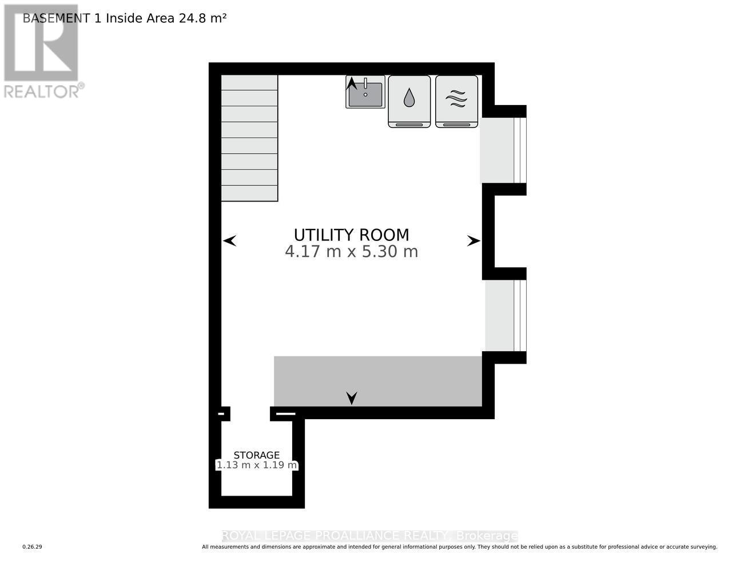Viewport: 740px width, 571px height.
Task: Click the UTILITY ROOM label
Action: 351,235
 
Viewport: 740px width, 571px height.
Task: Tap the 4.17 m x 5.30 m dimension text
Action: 351,252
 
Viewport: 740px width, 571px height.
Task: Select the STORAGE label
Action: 256,455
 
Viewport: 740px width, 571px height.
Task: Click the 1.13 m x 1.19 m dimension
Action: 256,465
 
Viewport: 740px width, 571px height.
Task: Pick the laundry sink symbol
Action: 366,93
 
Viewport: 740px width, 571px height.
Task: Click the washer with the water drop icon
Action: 409,101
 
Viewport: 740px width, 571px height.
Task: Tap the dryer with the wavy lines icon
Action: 456,101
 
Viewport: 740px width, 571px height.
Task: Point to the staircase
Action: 249,138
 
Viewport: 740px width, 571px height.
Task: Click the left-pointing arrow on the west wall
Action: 229,241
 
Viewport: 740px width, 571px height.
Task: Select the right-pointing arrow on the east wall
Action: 474,241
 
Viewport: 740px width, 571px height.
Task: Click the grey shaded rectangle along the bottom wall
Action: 377,381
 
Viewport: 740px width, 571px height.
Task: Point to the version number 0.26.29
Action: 33,547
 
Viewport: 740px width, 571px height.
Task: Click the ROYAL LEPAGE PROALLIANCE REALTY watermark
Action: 369,536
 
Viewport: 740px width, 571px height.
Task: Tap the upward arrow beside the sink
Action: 352,83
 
